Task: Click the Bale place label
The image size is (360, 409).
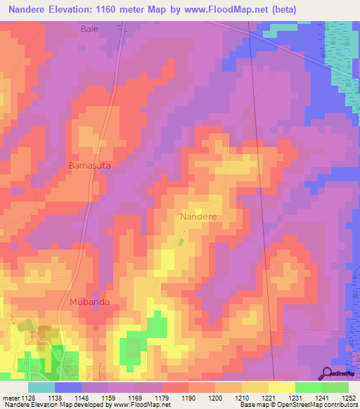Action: click(x=89, y=29)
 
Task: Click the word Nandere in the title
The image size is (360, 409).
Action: click(x=30, y=9)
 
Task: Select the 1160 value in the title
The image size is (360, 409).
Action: click(x=117, y=9)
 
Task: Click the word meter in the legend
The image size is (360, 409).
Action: click(x=10, y=397)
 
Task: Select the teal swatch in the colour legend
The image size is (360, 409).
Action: click(x=41, y=387)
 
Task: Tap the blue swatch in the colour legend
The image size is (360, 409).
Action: click(x=68, y=387)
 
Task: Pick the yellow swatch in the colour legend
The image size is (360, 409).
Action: click(x=281, y=387)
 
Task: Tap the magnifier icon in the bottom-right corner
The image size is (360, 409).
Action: click(x=328, y=374)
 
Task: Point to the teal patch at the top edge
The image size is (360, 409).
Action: click(x=280, y=31)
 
